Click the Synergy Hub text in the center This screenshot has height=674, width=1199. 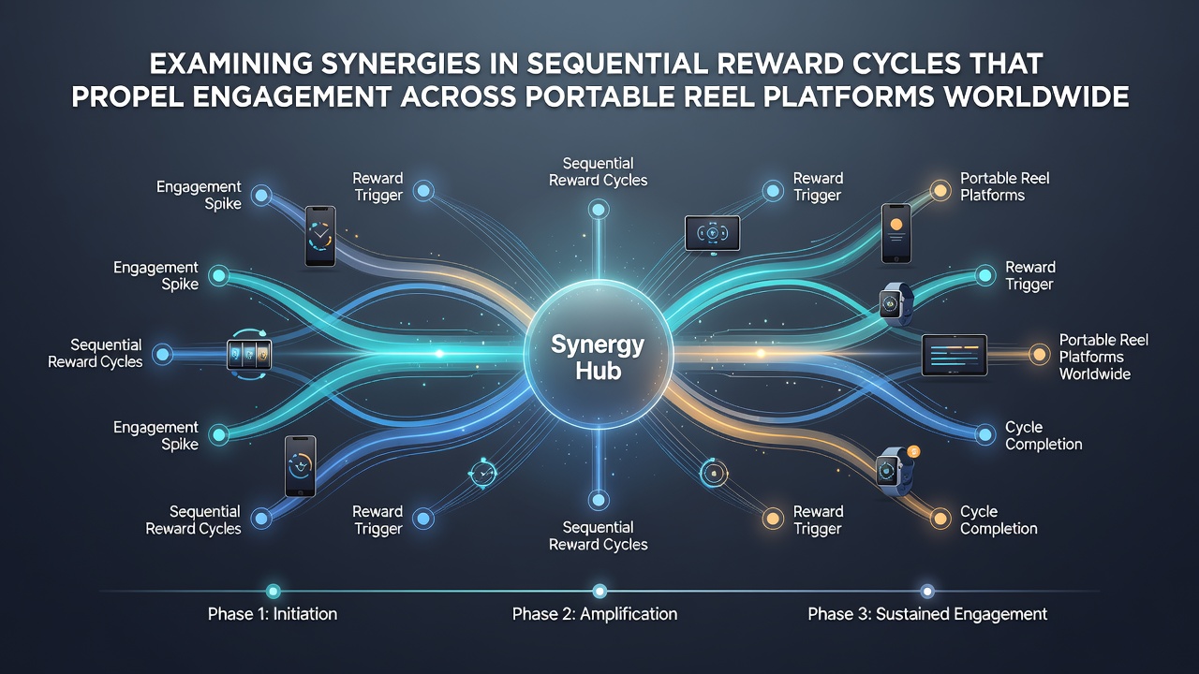(x=598, y=358)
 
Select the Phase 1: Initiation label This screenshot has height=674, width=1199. (x=273, y=613)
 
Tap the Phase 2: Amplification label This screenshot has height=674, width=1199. (x=595, y=613)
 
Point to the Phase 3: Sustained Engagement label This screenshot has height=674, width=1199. (x=927, y=613)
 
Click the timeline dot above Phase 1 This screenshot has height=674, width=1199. (x=273, y=591)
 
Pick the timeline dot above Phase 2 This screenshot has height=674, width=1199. (x=599, y=591)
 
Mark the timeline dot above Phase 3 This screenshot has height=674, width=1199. (x=927, y=591)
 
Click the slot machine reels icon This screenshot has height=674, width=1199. (x=249, y=354)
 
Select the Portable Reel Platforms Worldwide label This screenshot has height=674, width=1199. (x=1103, y=357)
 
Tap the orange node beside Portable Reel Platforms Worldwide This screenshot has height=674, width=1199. (x=1039, y=354)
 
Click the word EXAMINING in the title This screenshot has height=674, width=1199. (x=230, y=65)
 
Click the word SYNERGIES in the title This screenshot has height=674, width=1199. (x=401, y=65)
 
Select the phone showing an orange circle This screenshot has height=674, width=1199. (x=896, y=233)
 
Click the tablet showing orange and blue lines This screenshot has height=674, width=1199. (x=955, y=355)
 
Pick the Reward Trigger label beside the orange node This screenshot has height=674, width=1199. (x=818, y=520)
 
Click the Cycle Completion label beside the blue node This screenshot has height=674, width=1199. (x=1044, y=435)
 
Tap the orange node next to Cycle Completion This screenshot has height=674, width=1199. (x=940, y=519)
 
